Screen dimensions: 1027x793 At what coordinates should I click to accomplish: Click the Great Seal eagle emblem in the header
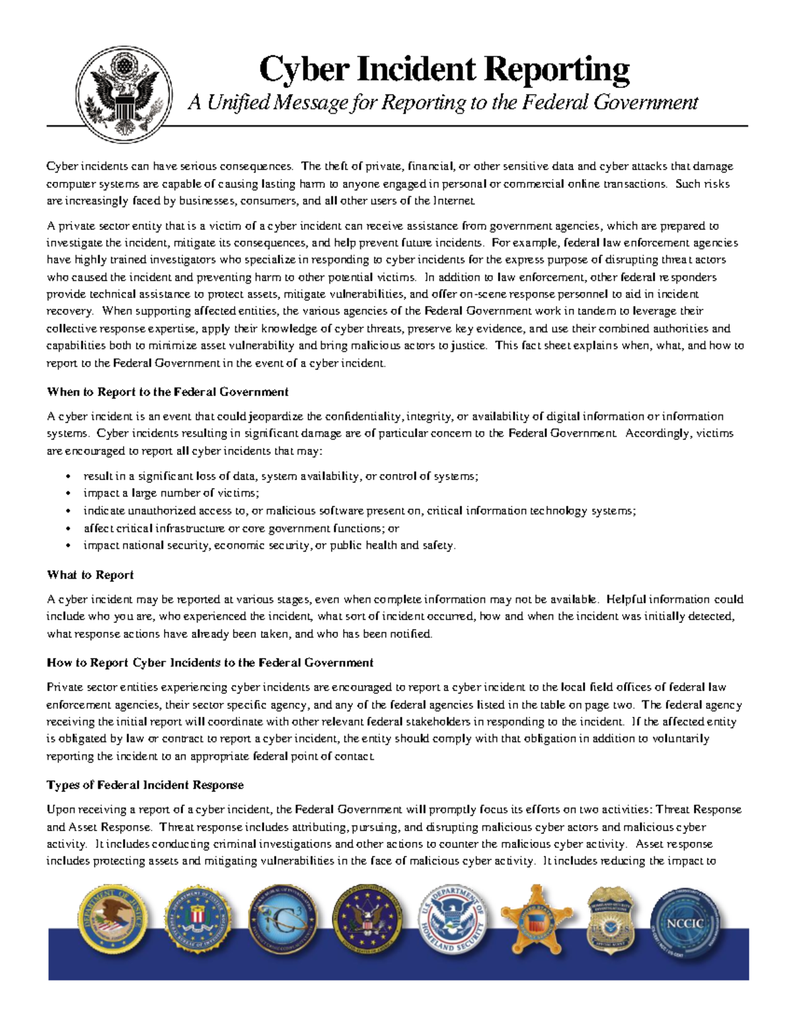[124, 94]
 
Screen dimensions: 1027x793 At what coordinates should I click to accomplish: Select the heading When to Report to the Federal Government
[167, 392]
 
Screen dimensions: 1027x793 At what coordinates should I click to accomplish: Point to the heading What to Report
[90, 575]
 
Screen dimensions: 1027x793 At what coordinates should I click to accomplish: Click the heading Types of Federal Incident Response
[145, 785]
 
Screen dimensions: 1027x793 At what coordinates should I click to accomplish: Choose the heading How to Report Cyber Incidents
[209, 663]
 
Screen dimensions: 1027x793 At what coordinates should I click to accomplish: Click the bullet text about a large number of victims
[171, 493]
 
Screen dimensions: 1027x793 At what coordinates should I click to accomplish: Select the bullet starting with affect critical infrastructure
[241, 528]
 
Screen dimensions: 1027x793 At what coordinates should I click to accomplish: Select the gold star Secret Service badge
[536, 919]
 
